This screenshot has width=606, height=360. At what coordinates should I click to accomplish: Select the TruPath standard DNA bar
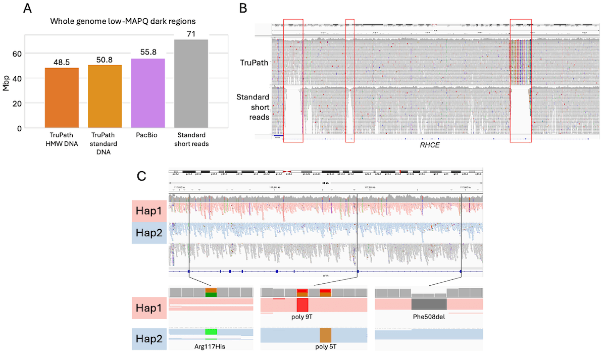coord(105,96)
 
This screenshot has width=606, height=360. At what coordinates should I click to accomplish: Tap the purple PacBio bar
coord(148,93)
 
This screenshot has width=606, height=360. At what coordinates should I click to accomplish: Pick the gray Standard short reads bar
coord(191,83)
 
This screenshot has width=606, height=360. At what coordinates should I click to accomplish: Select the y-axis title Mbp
coord(6,81)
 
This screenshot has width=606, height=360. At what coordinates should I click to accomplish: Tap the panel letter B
coord(243,9)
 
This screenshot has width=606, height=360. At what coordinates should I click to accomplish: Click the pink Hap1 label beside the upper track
coord(149,210)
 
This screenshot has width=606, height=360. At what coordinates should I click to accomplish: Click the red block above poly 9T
coord(302,305)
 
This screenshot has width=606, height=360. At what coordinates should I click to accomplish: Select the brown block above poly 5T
coord(325,335)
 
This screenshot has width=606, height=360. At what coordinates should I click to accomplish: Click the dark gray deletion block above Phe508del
coord(429,303)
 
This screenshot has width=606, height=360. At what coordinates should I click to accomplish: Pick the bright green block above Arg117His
coord(211,332)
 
